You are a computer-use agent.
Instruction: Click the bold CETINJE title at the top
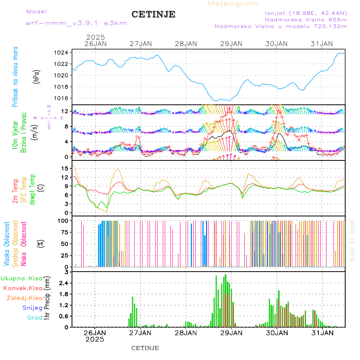153,14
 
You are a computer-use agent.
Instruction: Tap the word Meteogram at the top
233,4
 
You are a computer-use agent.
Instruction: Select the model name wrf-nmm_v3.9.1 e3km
76,23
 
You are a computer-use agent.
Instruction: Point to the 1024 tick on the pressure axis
61,52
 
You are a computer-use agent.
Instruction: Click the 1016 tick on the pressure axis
61,98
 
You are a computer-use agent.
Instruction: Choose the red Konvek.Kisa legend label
22,288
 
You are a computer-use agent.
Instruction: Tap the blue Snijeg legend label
32,308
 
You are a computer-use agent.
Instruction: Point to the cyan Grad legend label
34,318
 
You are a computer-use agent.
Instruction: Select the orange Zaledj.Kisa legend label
24,298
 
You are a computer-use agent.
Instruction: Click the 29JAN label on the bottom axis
231,332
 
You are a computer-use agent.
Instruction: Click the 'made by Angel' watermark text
352,240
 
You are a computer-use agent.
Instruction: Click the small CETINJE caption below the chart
145,348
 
